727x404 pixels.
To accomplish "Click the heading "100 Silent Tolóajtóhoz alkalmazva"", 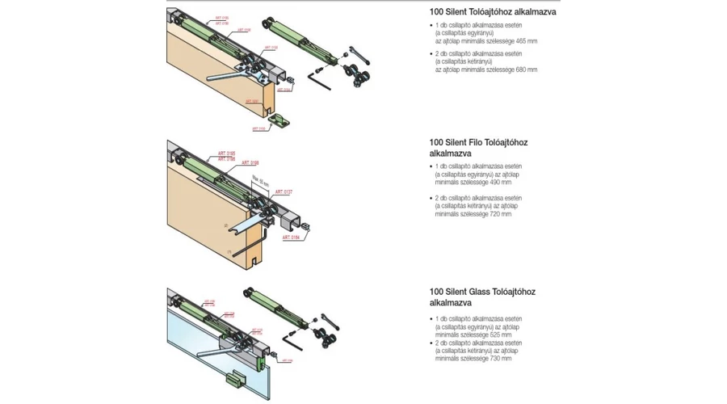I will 493,12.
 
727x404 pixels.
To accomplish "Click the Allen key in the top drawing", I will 318,81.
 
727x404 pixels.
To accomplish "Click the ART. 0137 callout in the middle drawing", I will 283,192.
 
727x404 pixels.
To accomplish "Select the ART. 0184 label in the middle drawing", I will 292,238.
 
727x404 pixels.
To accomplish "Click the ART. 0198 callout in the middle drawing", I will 250,164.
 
